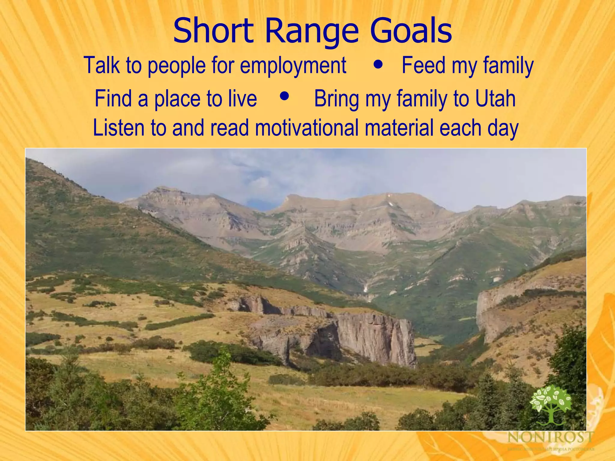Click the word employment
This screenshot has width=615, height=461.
(293, 65)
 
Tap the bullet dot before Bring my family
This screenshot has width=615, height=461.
(284, 96)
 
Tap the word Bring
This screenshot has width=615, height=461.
(336, 99)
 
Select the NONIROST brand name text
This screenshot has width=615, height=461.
(550, 437)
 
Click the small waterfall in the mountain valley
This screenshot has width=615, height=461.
(365, 288)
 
